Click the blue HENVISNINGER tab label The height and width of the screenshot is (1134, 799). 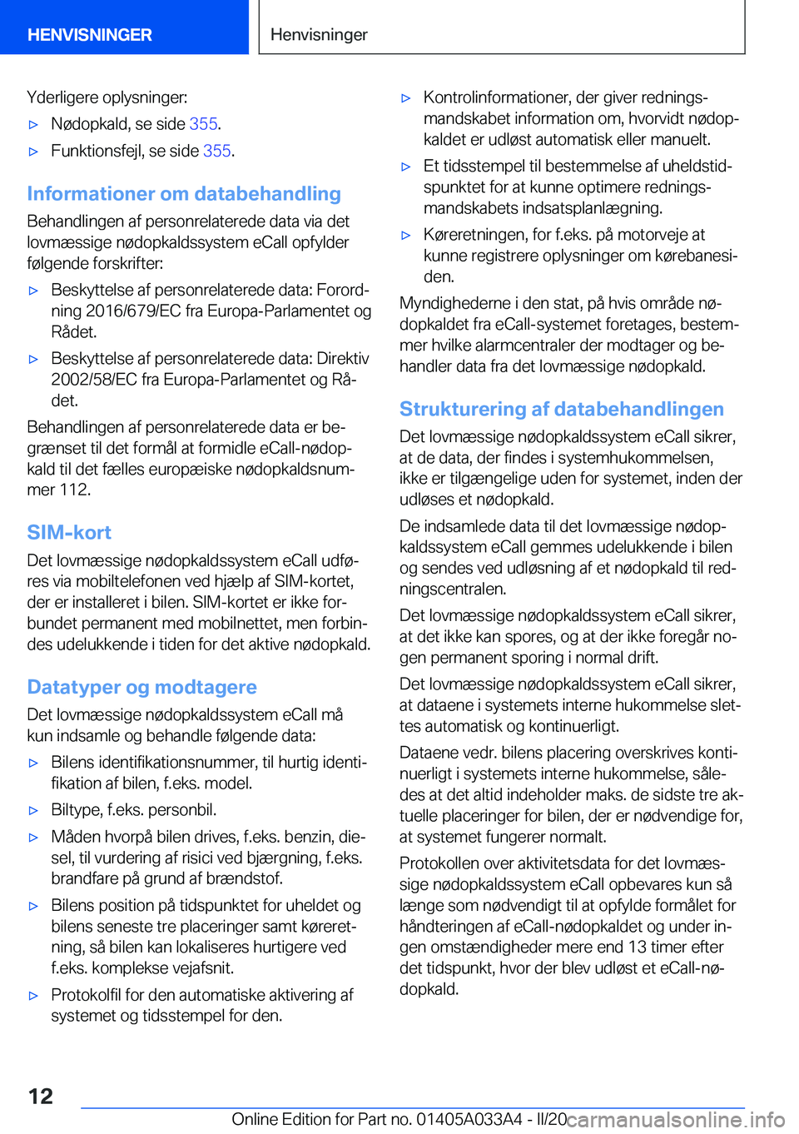pos(90,35)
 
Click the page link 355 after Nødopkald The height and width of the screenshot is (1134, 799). pos(203,124)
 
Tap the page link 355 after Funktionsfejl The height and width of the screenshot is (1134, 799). pos(216,151)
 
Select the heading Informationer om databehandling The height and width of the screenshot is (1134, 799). pos(184,194)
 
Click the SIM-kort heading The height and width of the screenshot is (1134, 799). pos(69,533)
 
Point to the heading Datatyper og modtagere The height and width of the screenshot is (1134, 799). pos(141,688)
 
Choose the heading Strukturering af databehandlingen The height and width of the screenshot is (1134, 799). pos(561,410)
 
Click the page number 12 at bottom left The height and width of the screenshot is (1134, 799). pos(40,1096)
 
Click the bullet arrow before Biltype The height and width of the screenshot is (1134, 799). pos(34,810)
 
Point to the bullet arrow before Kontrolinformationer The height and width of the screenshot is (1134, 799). pos(406,98)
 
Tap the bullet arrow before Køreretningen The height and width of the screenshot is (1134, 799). pos(406,236)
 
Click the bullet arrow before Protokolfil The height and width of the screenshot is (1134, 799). pos(34,996)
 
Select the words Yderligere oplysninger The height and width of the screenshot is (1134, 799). pos(107,97)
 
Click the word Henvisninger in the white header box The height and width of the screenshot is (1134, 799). pos(319,35)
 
